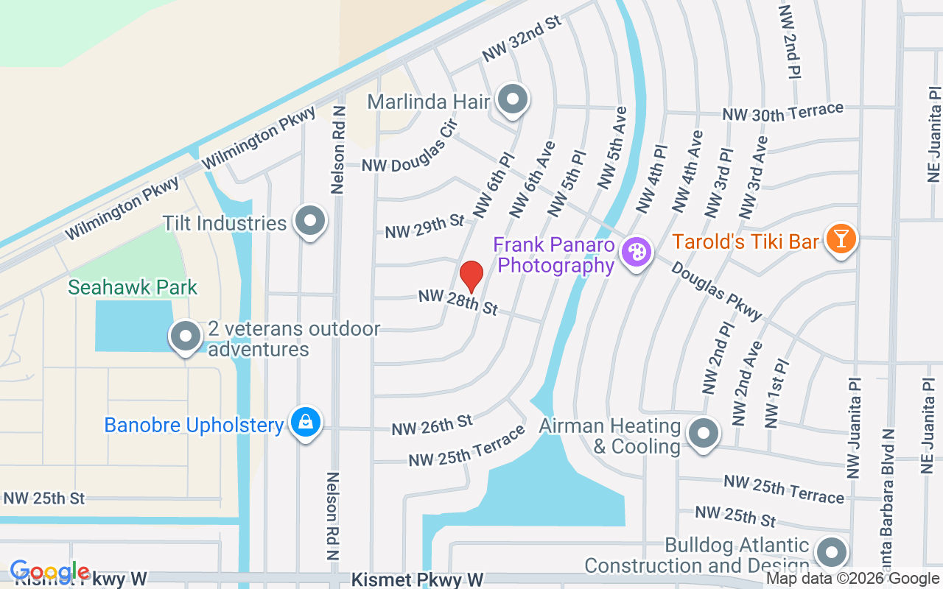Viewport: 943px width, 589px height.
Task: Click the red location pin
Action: [x=471, y=277]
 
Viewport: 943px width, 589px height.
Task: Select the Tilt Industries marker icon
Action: [x=310, y=220]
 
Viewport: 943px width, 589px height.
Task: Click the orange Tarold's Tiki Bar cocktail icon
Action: [x=839, y=239]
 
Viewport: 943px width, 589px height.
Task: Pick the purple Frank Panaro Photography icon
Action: [x=635, y=253]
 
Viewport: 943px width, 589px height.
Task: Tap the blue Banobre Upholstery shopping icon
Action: [x=305, y=423]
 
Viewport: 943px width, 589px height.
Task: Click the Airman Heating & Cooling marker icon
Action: [x=704, y=433]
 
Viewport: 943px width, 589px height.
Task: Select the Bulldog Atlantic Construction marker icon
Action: [x=832, y=551]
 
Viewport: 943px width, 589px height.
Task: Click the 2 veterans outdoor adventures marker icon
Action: [x=186, y=336]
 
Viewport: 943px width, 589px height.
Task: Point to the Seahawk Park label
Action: [x=133, y=287]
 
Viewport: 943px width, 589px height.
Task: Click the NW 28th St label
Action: [x=458, y=302]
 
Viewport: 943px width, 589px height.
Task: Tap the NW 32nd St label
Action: [x=522, y=38]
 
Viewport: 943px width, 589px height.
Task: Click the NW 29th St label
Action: [x=425, y=227]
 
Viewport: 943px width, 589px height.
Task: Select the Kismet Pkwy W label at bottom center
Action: [x=417, y=580]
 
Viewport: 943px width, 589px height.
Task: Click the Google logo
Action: [x=50, y=572]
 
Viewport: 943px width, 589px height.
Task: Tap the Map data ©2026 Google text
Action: [x=852, y=579]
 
